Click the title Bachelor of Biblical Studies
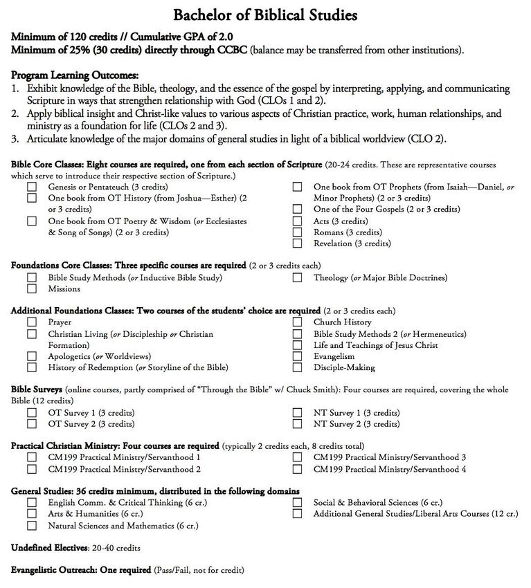pos(265,15)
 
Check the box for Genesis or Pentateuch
pos(32,187)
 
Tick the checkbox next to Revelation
pos(297,244)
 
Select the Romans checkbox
pos(297,232)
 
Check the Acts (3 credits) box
pos(297,221)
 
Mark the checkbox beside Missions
pos(32,289)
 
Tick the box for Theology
pos(297,277)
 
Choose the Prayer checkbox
pos(32,322)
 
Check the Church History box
pos(297,322)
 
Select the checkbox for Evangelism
pos(297,356)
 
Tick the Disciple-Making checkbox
pos(297,367)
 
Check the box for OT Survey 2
pos(32,424)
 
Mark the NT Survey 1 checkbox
pos(297,413)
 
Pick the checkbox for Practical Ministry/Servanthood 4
pos(297,469)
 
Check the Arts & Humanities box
pos(32,514)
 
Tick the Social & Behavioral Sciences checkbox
pos(297,503)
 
